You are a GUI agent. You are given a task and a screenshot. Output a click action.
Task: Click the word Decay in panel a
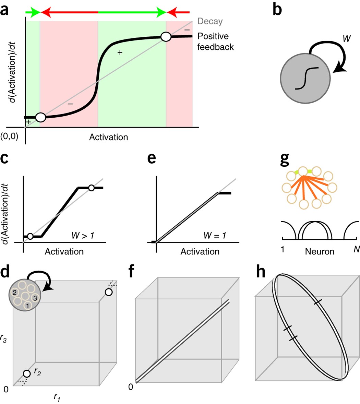click(x=210, y=22)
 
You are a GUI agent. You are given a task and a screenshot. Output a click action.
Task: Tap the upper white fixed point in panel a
click(x=166, y=37)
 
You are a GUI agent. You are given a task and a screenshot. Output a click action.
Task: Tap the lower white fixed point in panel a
click(x=40, y=117)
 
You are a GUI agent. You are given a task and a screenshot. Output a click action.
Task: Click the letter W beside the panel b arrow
click(x=347, y=39)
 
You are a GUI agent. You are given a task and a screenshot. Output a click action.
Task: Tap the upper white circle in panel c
click(x=91, y=188)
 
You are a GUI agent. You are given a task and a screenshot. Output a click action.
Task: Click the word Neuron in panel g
click(x=319, y=251)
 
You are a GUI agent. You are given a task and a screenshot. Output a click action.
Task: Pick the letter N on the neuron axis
click(x=357, y=249)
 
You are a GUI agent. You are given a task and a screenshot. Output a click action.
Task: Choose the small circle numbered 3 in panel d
click(x=35, y=288)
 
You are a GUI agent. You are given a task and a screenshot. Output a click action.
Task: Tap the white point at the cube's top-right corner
click(x=109, y=292)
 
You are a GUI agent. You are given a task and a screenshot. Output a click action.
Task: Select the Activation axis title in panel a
click(x=109, y=137)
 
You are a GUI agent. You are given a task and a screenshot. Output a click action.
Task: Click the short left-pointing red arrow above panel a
click(x=178, y=13)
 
